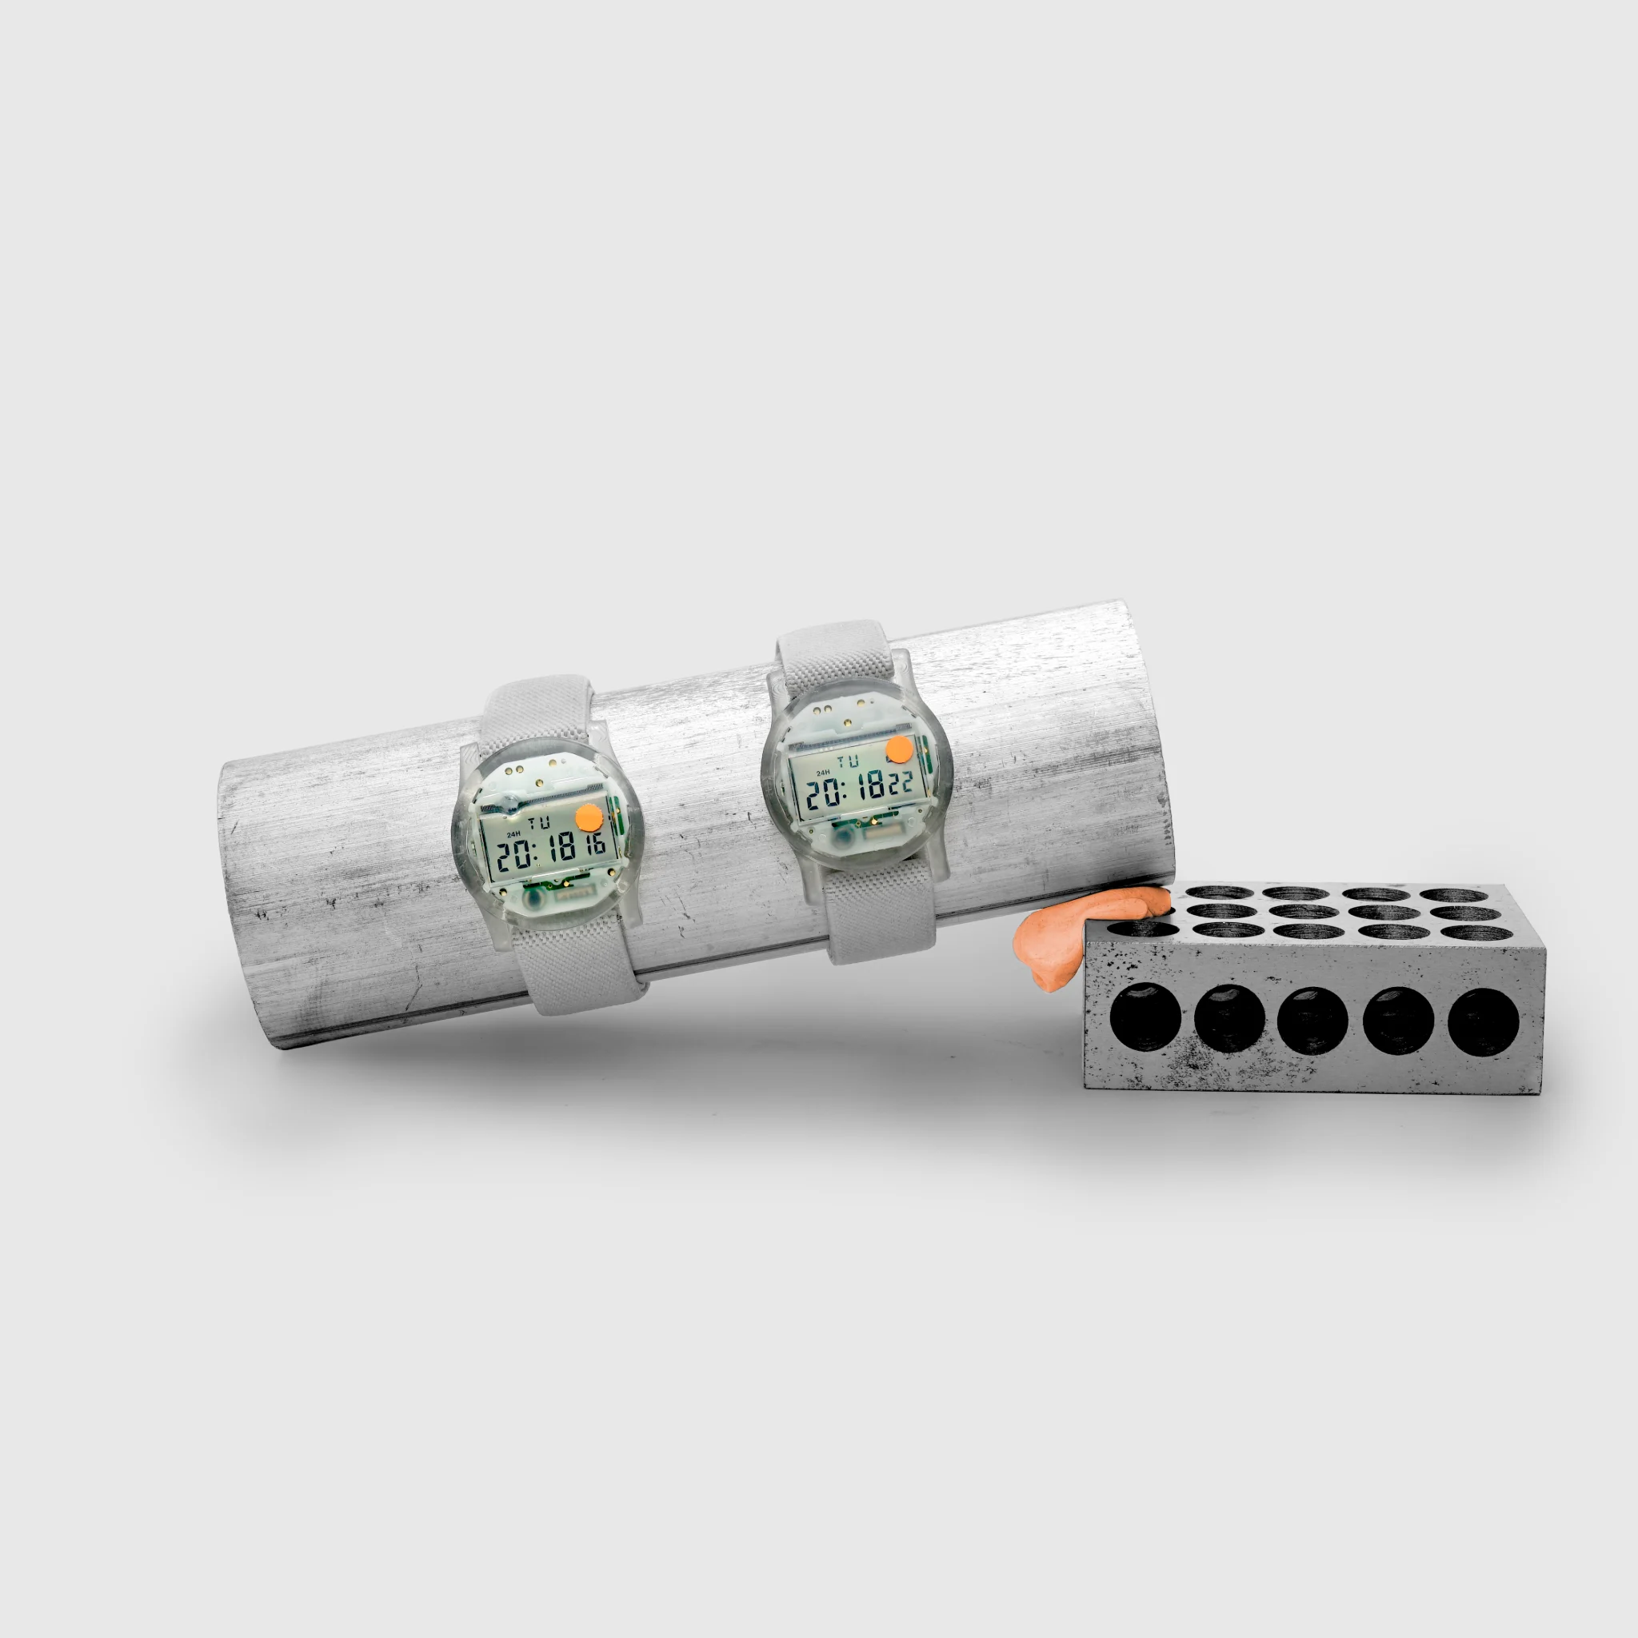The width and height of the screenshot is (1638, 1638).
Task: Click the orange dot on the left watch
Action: point(589,818)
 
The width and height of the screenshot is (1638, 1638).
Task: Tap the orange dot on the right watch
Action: point(899,749)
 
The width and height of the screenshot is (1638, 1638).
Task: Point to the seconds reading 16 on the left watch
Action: point(595,844)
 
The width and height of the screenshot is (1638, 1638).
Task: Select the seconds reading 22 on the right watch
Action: point(901,781)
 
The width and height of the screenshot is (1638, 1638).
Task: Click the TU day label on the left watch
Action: point(538,822)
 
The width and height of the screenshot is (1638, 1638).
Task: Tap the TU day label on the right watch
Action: point(847,761)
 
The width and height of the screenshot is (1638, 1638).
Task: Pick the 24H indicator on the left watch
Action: point(513,835)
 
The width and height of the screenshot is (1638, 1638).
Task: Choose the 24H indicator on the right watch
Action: point(822,773)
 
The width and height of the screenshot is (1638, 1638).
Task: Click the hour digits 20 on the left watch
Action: point(514,857)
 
